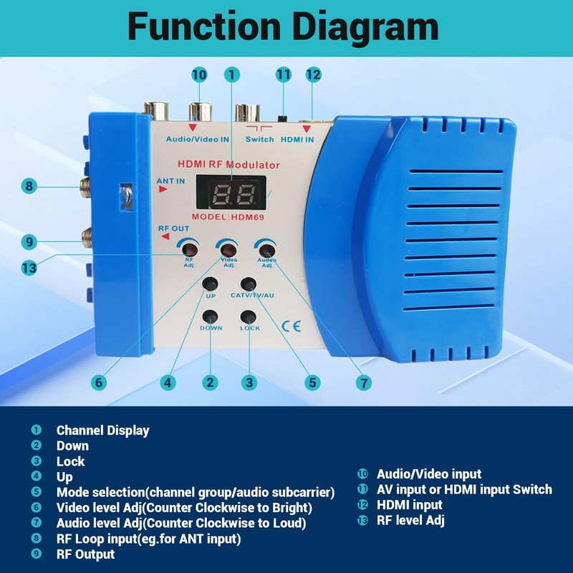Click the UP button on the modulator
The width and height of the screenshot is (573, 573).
pos(211,283)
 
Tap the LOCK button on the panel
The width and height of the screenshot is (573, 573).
pos(249,317)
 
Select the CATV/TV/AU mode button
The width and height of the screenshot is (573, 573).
pos(249,283)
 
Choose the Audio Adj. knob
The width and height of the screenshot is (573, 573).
pos(266,250)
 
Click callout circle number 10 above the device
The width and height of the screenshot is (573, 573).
pos(199,74)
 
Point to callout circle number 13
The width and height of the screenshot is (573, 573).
pos(29,267)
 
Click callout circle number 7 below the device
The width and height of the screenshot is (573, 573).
pos(365,382)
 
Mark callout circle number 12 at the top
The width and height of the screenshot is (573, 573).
pos(313,74)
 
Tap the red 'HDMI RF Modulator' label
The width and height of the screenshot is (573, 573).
pos(233,165)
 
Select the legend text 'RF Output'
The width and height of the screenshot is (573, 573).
pos(85,554)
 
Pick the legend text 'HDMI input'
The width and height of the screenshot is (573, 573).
pos(410,505)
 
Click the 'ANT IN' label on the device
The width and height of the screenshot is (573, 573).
pos(170,181)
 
